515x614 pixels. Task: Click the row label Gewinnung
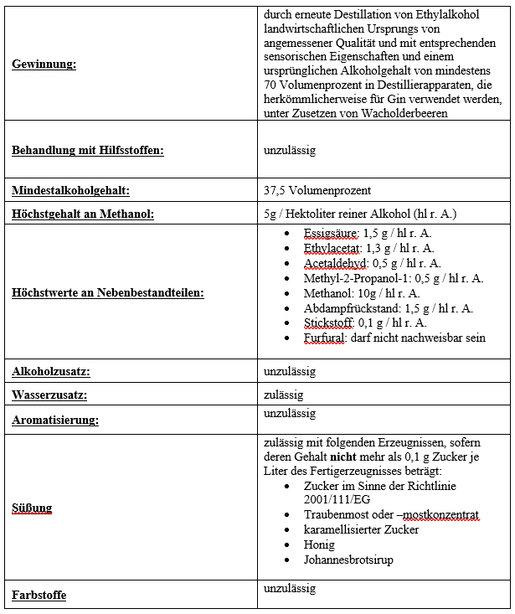[x=44, y=64]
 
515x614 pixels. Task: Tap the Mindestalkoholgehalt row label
[x=70, y=190]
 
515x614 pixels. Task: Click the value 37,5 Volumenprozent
[x=317, y=190]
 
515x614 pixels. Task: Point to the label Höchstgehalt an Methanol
[x=82, y=214]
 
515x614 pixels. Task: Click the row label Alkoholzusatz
[x=51, y=371]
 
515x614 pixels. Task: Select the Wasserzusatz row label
[x=49, y=395]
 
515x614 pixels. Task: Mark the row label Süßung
[x=32, y=508]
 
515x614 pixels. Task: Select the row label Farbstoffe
[x=39, y=596]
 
